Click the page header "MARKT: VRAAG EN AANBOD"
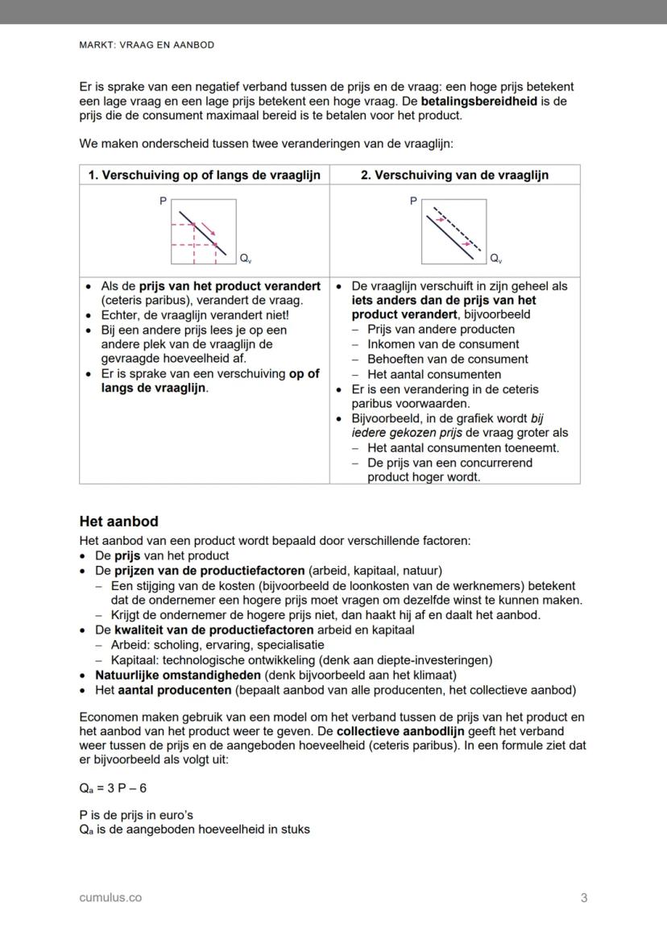147,45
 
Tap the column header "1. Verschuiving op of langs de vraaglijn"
204,175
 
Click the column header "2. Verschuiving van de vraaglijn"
454,175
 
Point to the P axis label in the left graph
164,201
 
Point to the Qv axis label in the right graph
495,260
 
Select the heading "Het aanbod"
118,522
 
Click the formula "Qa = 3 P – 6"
113,788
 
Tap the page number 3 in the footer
584,897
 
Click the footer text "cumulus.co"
110,897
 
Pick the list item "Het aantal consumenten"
433,374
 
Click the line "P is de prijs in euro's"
136,815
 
